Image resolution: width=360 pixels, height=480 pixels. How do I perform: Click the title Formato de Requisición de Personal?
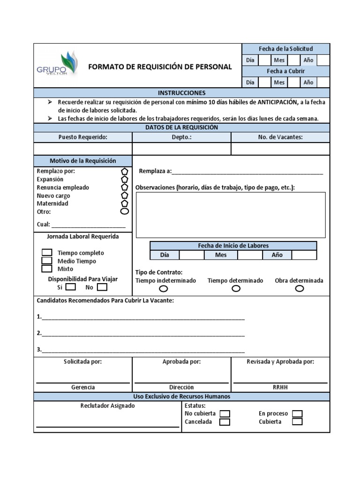point(160,67)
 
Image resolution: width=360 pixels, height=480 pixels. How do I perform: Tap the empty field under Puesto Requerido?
point(83,149)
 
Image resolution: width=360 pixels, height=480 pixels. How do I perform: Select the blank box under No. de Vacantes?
point(280,149)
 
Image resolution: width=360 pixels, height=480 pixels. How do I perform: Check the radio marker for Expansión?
point(125,179)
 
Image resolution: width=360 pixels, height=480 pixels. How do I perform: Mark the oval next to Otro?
point(125,211)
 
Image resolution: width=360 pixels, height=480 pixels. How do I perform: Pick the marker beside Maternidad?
point(125,203)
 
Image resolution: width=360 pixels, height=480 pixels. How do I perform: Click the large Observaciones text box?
point(231,215)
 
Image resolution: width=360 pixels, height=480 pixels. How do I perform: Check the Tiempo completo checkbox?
point(47,253)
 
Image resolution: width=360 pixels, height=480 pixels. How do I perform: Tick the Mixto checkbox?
point(47,269)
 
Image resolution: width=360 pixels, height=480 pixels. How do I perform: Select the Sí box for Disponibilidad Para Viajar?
point(71,287)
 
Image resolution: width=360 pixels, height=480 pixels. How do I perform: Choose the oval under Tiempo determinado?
point(236,289)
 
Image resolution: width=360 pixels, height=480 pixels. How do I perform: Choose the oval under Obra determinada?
point(299,289)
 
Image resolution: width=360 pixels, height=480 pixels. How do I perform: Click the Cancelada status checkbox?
point(225,422)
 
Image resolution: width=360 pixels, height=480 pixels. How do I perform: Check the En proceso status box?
point(297,414)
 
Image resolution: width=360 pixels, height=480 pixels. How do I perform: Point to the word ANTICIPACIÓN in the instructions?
point(277,102)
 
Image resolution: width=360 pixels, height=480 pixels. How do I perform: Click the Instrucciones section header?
point(181,93)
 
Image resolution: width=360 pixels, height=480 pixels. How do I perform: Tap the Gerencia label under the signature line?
point(83,387)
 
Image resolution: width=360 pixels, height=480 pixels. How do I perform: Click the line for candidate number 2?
point(143,334)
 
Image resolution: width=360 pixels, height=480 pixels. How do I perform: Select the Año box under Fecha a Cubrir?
point(323,82)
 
